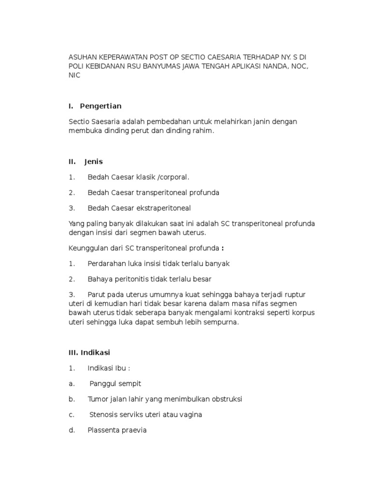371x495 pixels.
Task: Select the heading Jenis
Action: (x=93, y=161)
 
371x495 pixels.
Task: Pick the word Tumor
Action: (x=98, y=399)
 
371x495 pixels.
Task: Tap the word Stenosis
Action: (x=105, y=414)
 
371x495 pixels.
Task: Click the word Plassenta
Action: (x=104, y=430)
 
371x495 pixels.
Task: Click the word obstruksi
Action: (x=226, y=399)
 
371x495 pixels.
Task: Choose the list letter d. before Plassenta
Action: (x=72, y=430)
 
